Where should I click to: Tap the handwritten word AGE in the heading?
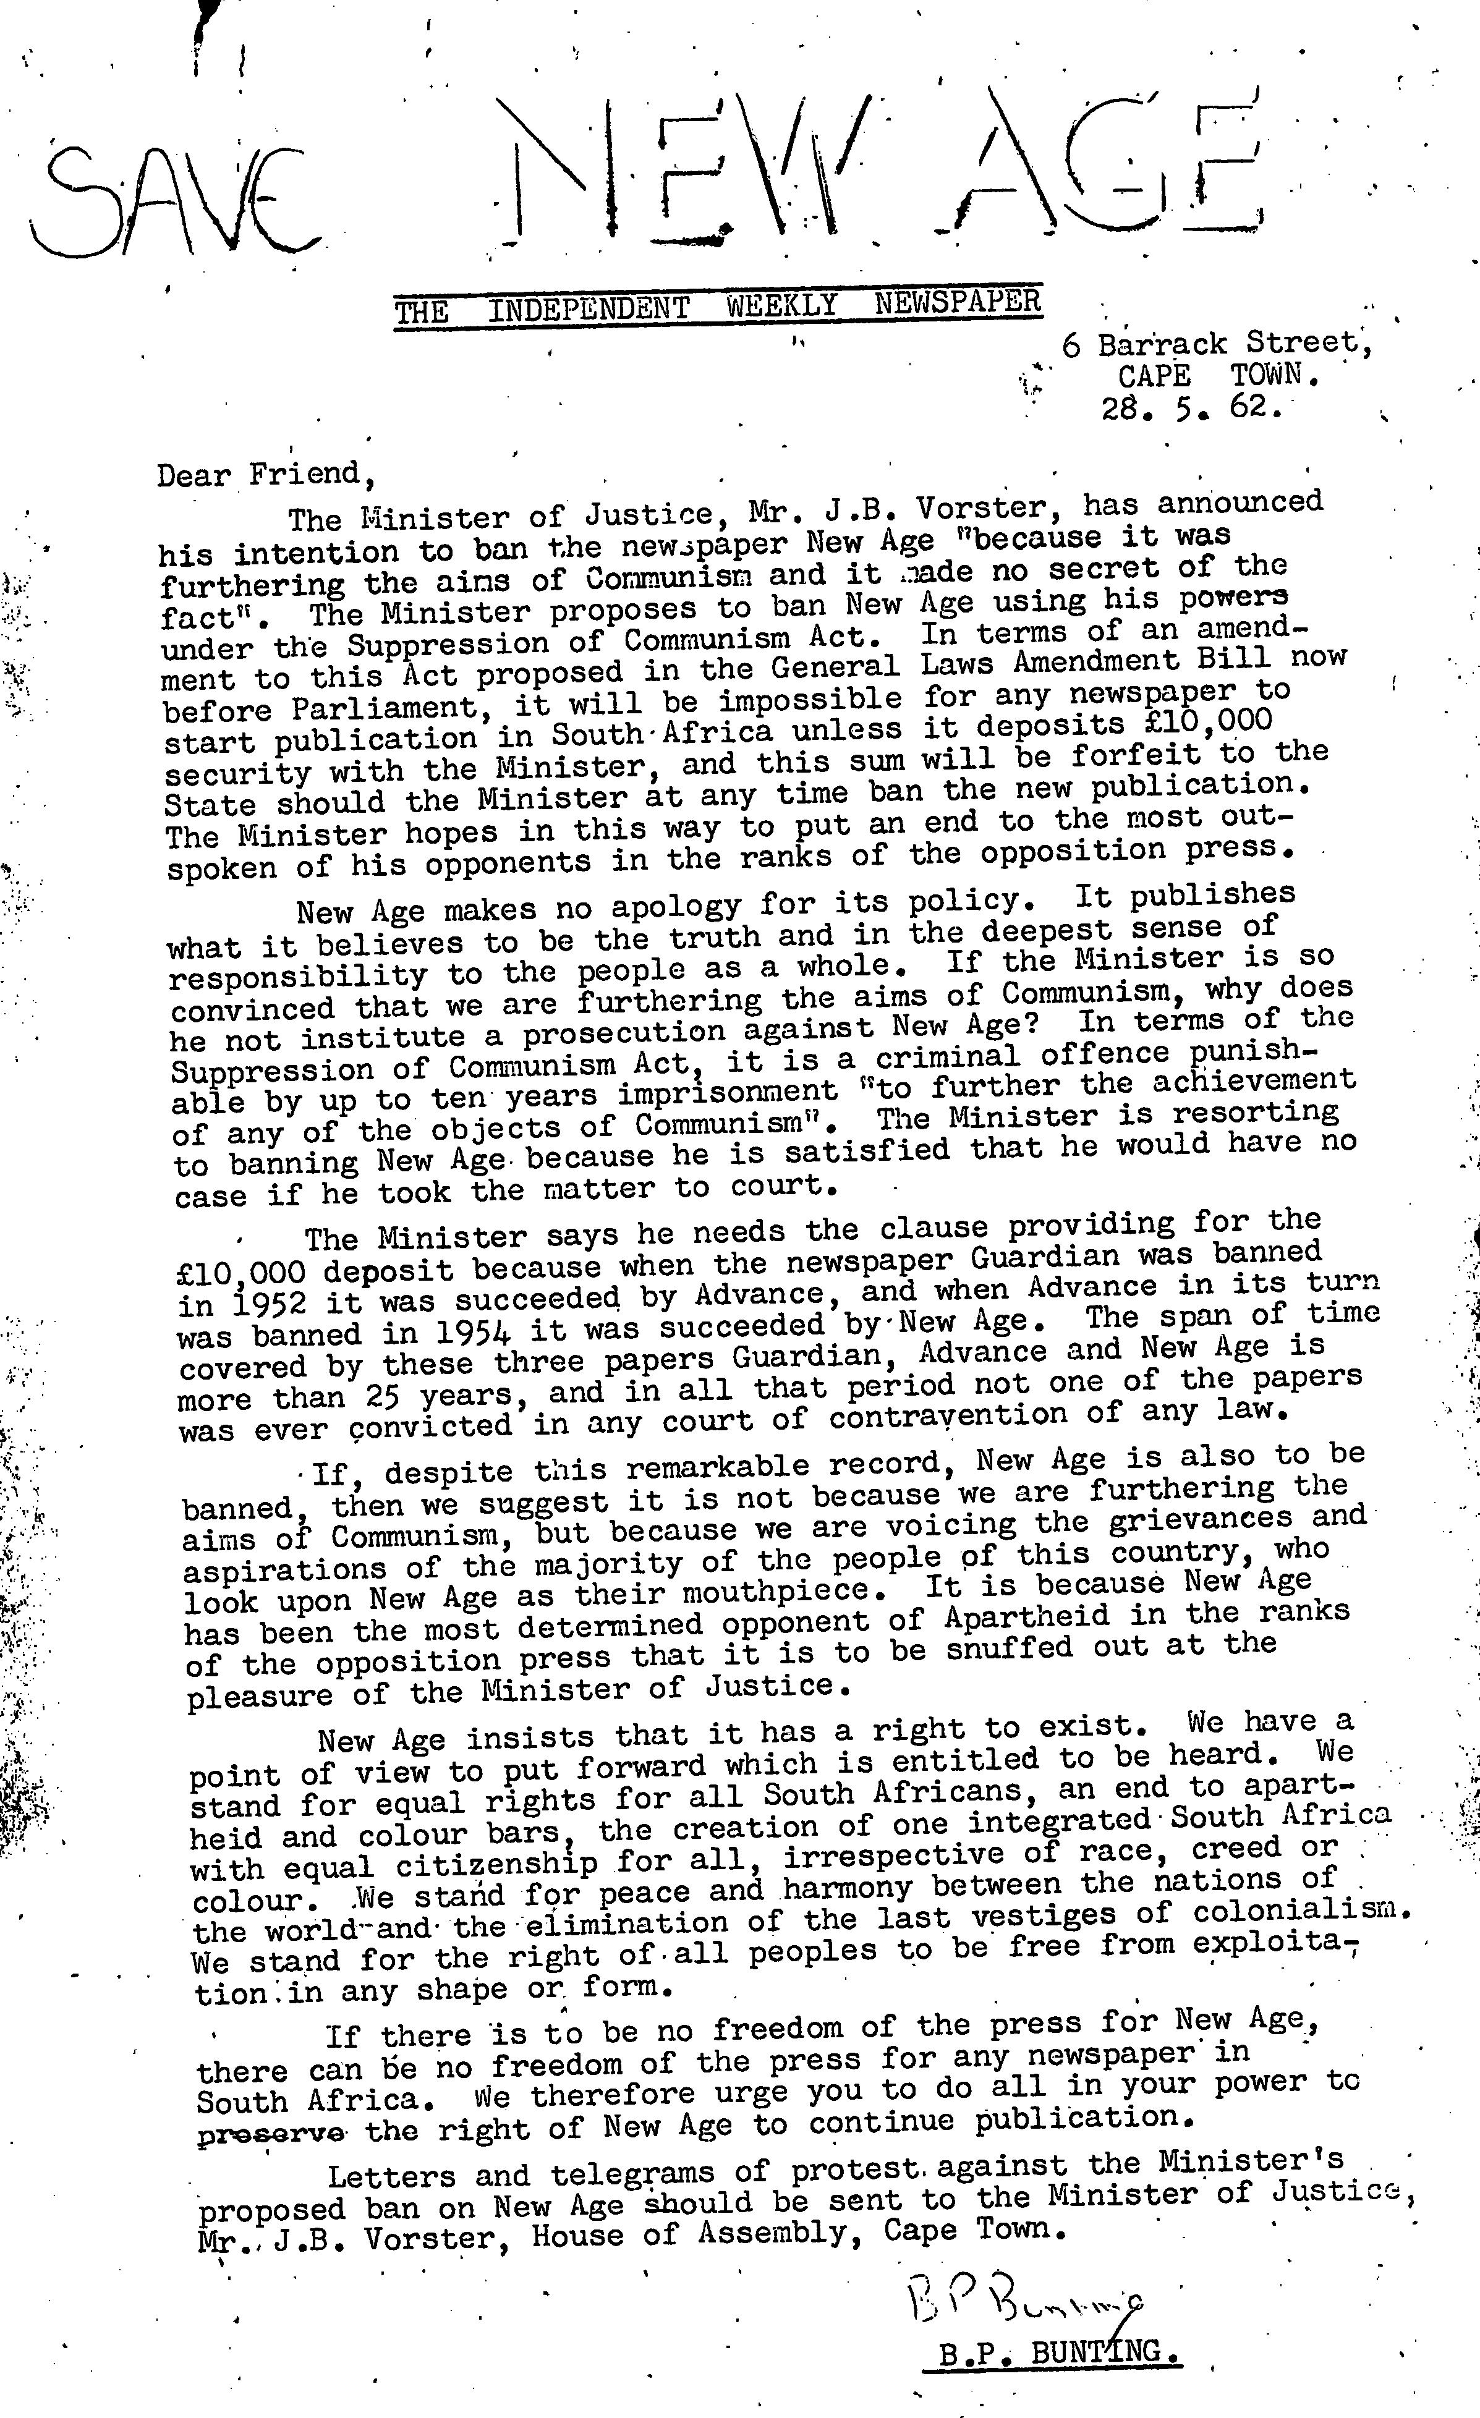point(1099,162)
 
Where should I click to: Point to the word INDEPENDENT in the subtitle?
point(589,311)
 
